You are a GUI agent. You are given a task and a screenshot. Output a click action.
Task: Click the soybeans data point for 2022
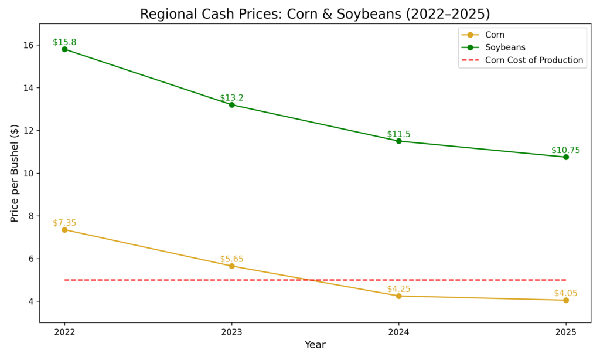point(64,49)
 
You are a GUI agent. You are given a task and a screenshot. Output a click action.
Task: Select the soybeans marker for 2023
point(231,105)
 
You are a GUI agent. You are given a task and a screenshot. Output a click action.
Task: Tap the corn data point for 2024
point(398,296)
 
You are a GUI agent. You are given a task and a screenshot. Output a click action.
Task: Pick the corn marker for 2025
point(565,300)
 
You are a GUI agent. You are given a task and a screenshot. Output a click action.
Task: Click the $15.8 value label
point(64,42)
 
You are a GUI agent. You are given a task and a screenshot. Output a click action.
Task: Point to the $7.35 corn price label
point(64,223)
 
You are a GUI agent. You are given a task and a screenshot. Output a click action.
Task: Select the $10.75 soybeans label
point(565,150)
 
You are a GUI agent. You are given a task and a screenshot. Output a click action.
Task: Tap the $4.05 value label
point(565,293)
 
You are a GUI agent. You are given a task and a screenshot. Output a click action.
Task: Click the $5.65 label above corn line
point(231,259)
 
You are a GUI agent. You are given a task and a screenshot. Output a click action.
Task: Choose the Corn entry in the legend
point(495,35)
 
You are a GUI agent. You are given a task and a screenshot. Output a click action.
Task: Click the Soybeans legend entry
point(505,47)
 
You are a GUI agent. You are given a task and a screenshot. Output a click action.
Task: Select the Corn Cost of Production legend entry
point(534,60)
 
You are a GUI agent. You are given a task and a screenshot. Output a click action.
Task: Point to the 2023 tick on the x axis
point(231,332)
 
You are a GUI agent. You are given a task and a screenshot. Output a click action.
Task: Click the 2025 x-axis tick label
point(565,332)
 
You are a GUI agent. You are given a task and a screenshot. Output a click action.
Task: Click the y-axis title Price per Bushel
point(15,173)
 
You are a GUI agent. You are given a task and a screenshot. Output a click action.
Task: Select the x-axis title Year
point(315,345)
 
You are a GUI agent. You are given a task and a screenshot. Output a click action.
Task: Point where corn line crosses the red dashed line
point(310,280)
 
